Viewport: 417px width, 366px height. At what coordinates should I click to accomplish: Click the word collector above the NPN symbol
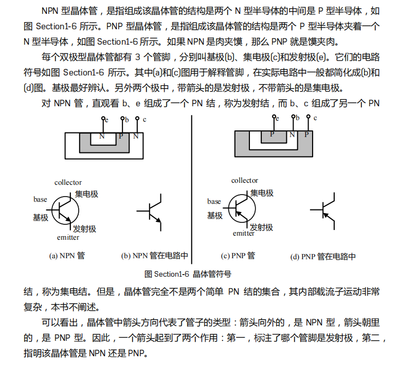point(68,183)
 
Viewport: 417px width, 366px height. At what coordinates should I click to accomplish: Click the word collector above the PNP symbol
point(245,180)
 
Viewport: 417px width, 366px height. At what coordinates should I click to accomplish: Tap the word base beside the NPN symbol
point(40,199)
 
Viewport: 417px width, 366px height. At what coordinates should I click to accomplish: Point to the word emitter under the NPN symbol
point(68,237)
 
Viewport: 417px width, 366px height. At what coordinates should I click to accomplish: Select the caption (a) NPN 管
point(67,255)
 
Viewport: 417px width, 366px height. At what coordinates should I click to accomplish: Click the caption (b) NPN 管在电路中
point(154,256)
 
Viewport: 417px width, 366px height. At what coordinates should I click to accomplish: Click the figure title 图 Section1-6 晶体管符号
point(188,274)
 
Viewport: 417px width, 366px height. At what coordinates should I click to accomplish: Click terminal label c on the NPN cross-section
point(144,120)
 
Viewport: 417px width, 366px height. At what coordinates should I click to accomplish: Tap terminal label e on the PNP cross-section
point(277,119)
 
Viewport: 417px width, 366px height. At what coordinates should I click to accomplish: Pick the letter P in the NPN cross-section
point(121,136)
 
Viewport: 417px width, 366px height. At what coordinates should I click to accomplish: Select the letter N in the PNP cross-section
point(292,134)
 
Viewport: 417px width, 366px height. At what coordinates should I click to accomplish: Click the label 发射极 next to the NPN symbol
point(84,228)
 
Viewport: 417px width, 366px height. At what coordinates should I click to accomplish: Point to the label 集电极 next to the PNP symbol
point(262,193)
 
